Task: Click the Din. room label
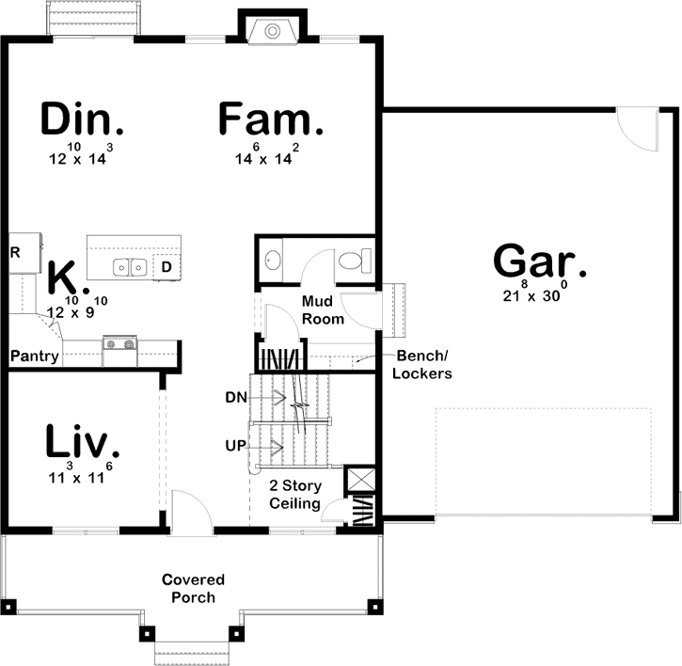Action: (x=83, y=120)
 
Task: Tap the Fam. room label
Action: (x=271, y=120)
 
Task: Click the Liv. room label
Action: (x=83, y=441)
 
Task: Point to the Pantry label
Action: (x=35, y=356)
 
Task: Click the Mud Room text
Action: (x=323, y=309)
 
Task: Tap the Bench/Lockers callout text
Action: (x=424, y=365)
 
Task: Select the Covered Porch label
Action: (x=188, y=588)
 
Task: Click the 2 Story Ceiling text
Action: (x=296, y=495)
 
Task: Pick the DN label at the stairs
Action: (x=236, y=397)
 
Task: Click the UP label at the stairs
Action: (x=236, y=444)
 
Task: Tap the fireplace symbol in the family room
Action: (x=272, y=31)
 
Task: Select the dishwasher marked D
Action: (x=166, y=267)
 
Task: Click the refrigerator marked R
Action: (x=15, y=253)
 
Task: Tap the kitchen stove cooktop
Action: (x=120, y=344)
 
